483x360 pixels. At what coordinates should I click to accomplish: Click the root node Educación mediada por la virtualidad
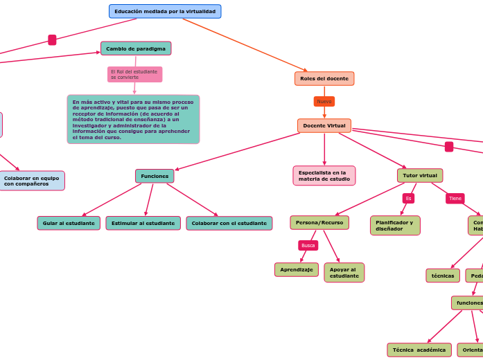click(165, 12)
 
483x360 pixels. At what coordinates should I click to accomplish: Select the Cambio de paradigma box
click(136, 48)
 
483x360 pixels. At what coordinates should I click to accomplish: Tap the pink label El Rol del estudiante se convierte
click(134, 74)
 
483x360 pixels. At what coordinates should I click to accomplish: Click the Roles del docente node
click(324, 79)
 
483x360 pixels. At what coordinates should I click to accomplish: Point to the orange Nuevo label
click(324, 102)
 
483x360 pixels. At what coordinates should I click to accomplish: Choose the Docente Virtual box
click(324, 126)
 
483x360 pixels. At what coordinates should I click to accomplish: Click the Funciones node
click(155, 177)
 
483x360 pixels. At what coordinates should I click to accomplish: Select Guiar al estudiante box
click(69, 224)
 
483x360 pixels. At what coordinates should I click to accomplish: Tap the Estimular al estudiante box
click(143, 224)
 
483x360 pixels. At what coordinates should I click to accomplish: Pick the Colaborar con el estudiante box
click(229, 224)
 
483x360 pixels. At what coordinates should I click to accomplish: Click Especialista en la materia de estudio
click(324, 176)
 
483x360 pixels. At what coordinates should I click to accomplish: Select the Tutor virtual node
click(420, 176)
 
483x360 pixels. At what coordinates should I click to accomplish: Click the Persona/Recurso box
click(319, 223)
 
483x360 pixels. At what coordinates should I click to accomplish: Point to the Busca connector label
click(308, 246)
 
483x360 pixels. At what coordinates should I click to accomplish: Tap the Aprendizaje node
click(297, 270)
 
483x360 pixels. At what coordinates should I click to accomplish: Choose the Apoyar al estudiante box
click(344, 273)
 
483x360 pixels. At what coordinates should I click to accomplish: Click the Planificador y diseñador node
click(395, 226)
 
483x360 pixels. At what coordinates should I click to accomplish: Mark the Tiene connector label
click(455, 199)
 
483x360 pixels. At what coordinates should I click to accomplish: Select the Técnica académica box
click(419, 350)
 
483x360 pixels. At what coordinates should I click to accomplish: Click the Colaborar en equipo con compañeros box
click(32, 181)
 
